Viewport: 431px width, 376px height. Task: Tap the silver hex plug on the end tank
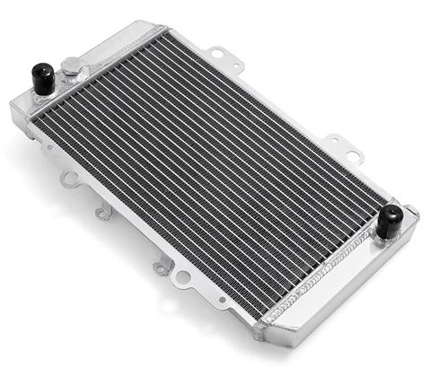click(x=71, y=66)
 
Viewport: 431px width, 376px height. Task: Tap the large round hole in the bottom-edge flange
click(x=183, y=277)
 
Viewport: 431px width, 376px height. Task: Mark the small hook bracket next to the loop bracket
click(x=104, y=212)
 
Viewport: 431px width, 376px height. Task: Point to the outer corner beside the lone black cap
click(x=414, y=214)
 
